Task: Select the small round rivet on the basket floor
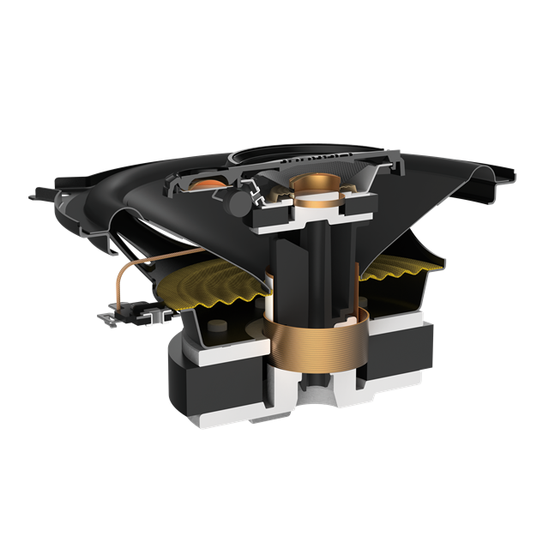(219, 325)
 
